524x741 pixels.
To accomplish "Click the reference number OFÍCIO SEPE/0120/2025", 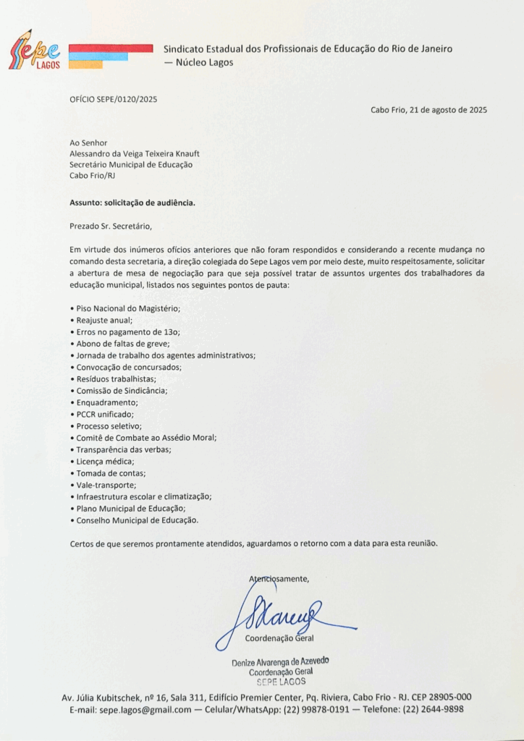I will click(113, 98).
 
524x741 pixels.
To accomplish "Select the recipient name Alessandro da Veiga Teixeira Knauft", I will click(134, 153).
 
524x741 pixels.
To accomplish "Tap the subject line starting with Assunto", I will click(132, 203).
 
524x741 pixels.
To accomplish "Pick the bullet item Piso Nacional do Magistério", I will click(127, 308).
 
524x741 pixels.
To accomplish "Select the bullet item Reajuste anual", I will click(103, 320).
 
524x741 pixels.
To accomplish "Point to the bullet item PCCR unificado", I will click(104, 414).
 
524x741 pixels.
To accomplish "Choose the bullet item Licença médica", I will click(104, 461).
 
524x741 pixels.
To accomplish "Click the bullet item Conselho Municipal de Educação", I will click(136, 520).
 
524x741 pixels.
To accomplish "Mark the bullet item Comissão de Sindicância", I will click(121, 391).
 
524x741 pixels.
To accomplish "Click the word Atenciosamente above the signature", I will click(279, 579).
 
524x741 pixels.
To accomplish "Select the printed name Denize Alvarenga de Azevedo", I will click(280, 662).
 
